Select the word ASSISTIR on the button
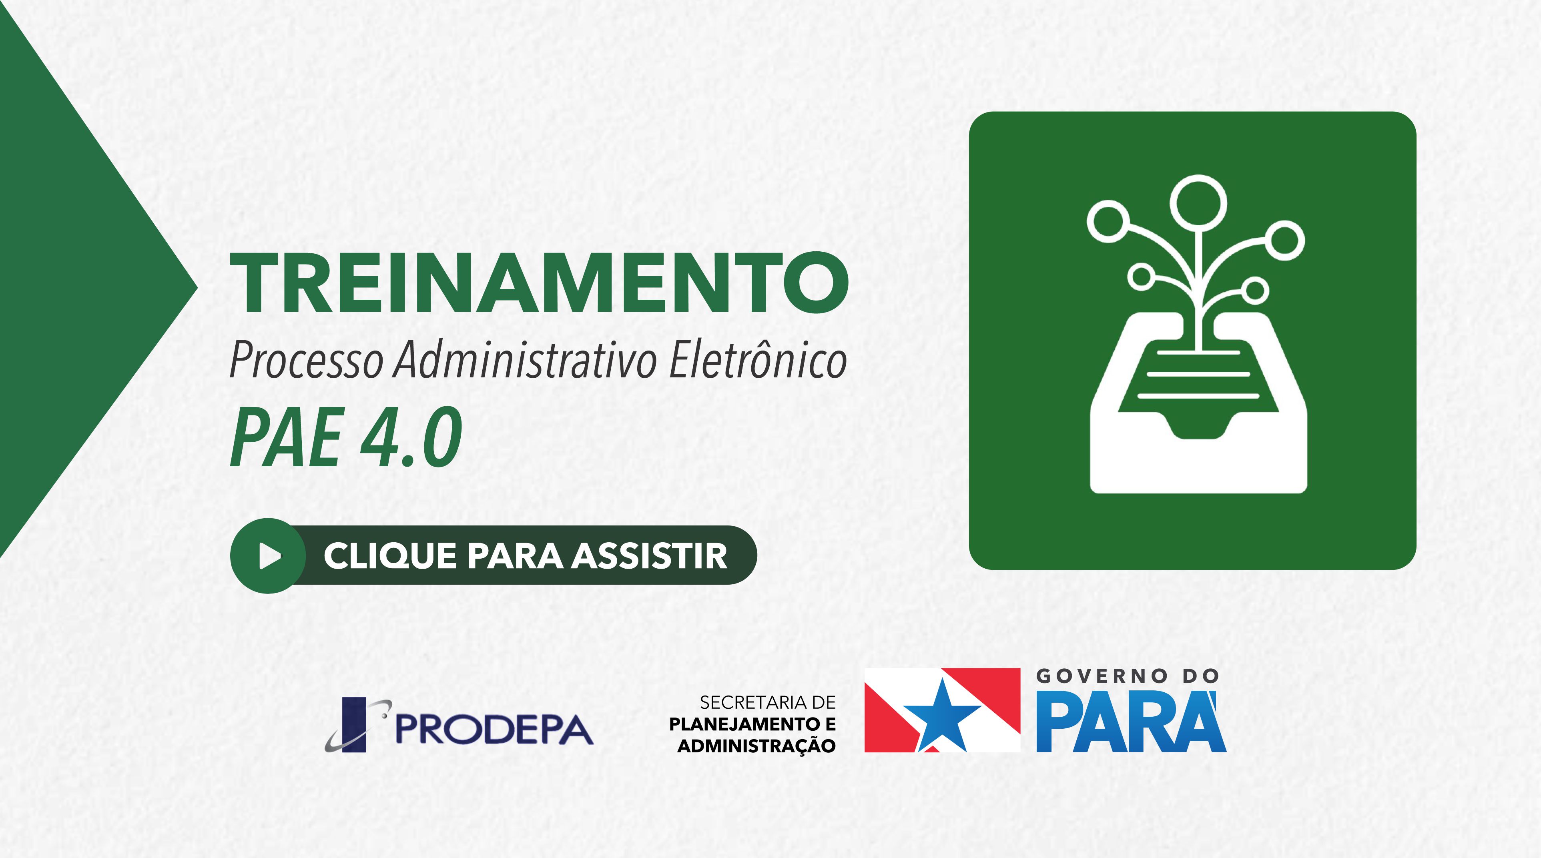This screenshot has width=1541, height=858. click(649, 556)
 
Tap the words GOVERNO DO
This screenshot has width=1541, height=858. click(1128, 676)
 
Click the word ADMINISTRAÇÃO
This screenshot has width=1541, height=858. click(757, 746)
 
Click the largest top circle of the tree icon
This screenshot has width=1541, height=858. click(1198, 203)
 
